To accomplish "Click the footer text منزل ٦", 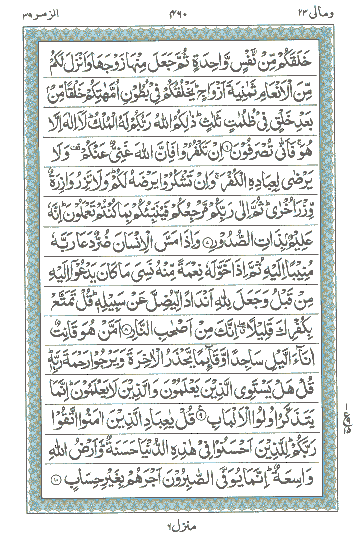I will click(x=177, y=526).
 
